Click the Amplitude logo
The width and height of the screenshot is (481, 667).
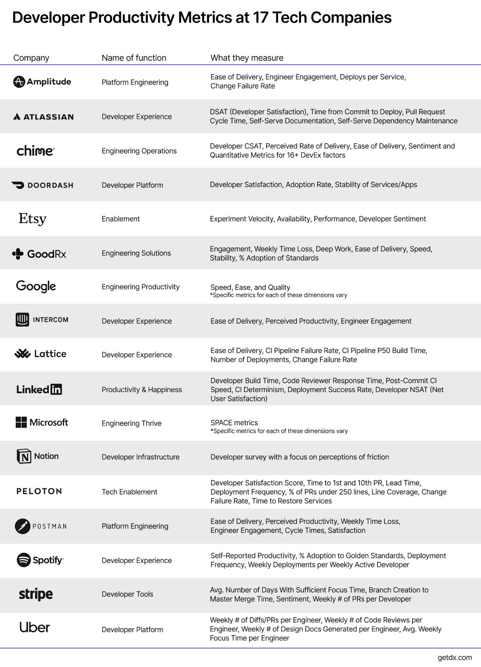pos(42,82)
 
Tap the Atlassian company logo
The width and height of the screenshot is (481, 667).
pos(43,117)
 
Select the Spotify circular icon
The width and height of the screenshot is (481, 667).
pos(24,560)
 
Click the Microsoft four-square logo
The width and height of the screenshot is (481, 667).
pos(21,422)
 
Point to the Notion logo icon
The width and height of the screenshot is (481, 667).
pos(24,456)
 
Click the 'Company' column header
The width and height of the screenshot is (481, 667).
pos(31,58)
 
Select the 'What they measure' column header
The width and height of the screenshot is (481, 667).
pos(247,58)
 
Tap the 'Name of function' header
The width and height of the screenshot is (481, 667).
pos(134,58)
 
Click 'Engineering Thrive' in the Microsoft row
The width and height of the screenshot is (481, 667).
pos(131,423)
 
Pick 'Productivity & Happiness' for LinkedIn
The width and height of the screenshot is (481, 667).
pos(142,389)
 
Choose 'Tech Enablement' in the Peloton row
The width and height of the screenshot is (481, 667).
pos(129,492)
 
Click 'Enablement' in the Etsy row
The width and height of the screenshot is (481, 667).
pos(120,219)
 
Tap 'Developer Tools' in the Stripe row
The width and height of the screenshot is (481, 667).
pos(127,594)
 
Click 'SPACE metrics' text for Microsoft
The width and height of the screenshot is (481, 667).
pos(234,423)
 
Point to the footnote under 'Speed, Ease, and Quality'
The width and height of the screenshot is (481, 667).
pos(278,295)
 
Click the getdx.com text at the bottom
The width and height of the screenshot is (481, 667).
pos(455,657)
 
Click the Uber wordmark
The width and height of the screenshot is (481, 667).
pos(35,627)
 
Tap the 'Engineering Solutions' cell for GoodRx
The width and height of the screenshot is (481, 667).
pos(136,253)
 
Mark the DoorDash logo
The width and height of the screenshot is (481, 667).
pos(42,185)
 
